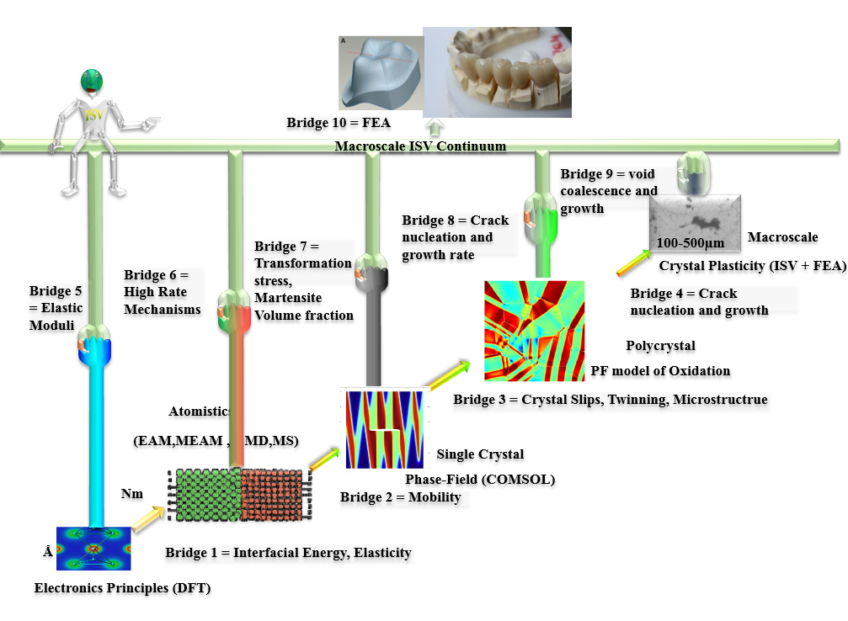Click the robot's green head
pos(92,82)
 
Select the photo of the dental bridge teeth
pos(497,72)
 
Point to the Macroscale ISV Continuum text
pos(420,146)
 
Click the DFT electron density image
pos(93,549)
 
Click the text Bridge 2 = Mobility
pos(400,497)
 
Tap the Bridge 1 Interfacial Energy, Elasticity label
pos(288,552)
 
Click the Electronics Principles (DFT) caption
pos(122,588)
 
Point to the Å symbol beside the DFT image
pos(47,552)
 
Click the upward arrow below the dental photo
pos(435,128)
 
